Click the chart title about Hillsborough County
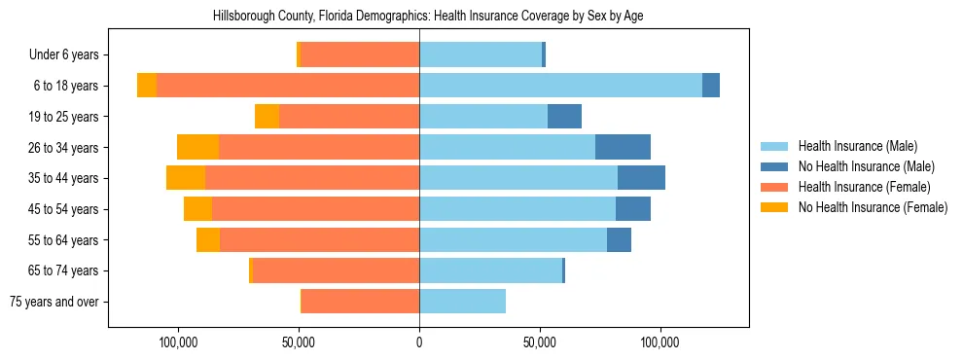[428, 16]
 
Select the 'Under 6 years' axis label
[69, 55]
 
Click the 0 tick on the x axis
[419, 342]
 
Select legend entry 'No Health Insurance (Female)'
[873, 207]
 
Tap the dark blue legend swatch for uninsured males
[775, 166]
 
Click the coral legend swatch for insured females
[775, 187]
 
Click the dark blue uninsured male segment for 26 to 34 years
[623, 147]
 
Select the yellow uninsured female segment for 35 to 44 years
[186, 178]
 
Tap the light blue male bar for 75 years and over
[462, 302]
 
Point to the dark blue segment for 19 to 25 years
[564, 117]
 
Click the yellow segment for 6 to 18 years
[147, 86]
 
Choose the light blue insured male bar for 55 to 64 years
[513, 239]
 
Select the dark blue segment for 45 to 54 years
[633, 209]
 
